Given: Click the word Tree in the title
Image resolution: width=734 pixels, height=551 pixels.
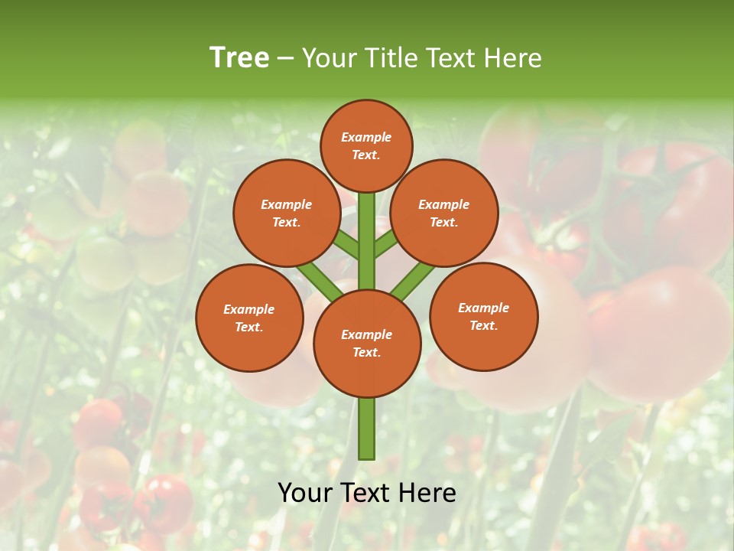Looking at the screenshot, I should click(x=239, y=58).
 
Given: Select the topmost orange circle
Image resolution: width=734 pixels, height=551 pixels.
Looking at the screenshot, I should click(x=366, y=145).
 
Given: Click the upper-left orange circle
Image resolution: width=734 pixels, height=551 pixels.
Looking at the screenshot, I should click(x=286, y=213).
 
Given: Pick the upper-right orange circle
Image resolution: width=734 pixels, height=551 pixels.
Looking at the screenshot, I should click(x=444, y=213).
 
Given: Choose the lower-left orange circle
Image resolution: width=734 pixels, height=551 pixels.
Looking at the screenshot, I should click(x=249, y=318).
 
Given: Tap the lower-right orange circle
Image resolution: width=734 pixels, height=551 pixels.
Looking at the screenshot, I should click(x=483, y=316).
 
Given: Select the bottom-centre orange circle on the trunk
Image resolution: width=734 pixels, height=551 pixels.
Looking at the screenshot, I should click(x=366, y=343).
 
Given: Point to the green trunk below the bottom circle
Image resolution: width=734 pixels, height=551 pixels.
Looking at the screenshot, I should click(x=366, y=429).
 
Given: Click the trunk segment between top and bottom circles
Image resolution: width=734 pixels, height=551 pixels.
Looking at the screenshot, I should click(x=366, y=241).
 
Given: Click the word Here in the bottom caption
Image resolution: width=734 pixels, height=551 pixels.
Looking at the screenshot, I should click(x=430, y=493).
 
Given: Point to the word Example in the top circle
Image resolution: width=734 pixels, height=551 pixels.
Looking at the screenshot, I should click(x=366, y=137).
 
